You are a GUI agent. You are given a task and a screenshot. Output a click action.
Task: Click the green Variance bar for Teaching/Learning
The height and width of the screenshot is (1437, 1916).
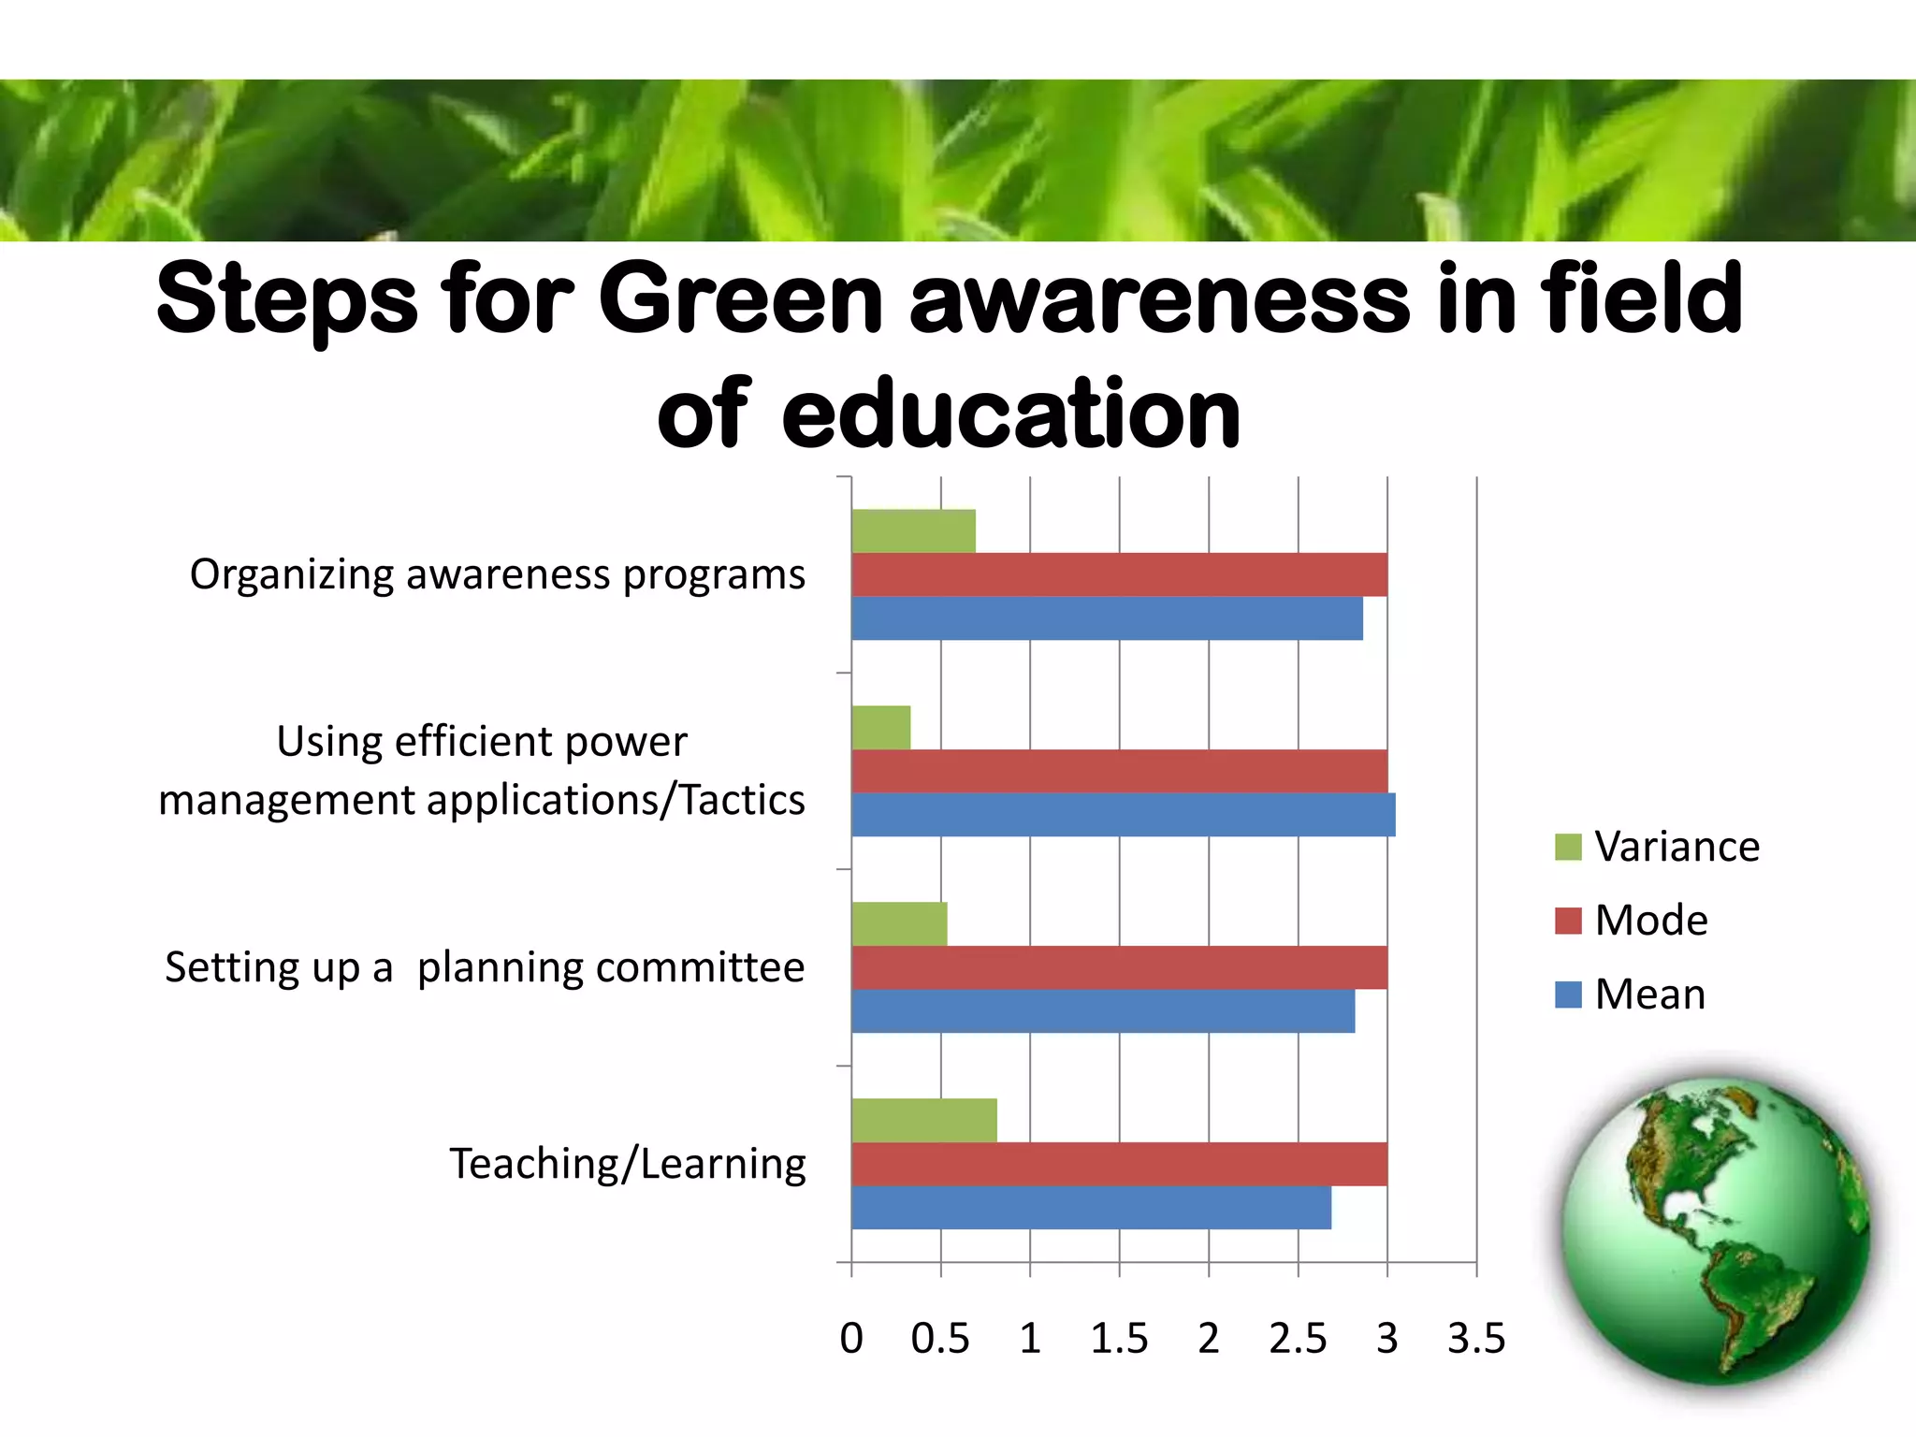[x=924, y=1120]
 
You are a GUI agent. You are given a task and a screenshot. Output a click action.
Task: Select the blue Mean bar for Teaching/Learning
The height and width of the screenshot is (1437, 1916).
[x=1091, y=1208]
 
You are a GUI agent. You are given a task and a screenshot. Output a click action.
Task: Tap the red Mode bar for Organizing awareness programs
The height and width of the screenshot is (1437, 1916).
[x=1119, y=574]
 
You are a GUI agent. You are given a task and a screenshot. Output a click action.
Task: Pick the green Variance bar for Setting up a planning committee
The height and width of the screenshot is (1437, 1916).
[x=899, y=923]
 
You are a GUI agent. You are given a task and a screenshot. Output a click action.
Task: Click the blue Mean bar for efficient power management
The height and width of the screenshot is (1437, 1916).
[x=1123, y=815]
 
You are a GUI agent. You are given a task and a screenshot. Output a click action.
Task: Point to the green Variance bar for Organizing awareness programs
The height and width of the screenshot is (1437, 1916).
[x=913, y=530]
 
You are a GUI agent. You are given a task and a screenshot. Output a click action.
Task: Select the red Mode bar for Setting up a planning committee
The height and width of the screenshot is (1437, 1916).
[x=1119, y=967]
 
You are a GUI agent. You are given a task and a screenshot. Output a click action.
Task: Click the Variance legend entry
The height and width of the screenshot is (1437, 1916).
[x=1657, y=847]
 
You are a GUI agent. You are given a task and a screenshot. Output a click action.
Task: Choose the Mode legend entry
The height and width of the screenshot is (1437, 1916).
[x=1632, y=921]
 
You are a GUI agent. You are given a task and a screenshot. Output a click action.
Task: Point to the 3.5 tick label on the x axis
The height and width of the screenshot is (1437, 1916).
[x=1476, y=1339]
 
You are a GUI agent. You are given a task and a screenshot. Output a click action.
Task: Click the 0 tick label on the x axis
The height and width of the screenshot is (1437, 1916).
[x=851, y=1339]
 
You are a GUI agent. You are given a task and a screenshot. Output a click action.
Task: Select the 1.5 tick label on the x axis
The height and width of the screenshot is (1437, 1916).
[x=1119, y=1339]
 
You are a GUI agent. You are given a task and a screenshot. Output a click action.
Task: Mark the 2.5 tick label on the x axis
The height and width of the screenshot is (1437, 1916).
[x=1298, y=1339]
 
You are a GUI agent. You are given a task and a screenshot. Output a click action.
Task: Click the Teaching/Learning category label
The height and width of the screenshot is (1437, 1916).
[x=628, y=1164]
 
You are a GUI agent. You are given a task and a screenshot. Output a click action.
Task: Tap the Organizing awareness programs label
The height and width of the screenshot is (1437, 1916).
[x=497, y=574]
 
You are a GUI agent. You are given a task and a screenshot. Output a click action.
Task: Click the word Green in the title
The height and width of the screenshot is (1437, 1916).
[x=740, y=299]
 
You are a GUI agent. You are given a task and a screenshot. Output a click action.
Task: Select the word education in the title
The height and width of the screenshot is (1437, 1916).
[x=1010, y=413]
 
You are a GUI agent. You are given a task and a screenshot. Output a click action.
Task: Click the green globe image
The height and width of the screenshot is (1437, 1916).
[x=1714, y=1230]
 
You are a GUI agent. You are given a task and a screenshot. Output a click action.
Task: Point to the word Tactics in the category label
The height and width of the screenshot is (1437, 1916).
[x=742, y=801]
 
